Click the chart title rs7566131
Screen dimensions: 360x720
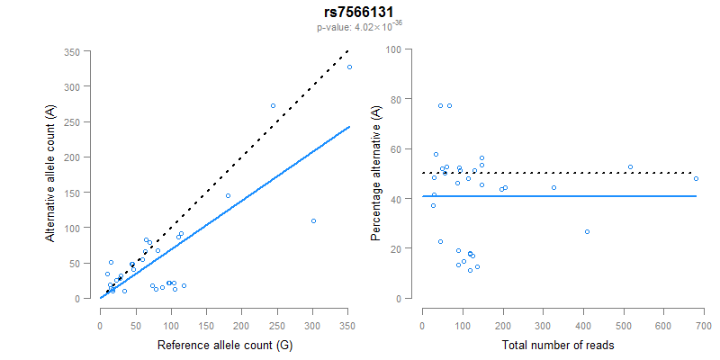pos(359,12)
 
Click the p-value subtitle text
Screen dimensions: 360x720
pos(359,27)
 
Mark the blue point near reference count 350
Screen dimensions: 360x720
pos(349,67)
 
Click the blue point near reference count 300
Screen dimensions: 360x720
pos(313,221)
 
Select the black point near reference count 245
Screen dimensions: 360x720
pos(273,105)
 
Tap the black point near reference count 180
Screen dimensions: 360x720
pos(228,195)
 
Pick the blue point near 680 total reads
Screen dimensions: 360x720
pos(696,178)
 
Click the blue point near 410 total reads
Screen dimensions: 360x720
pos(587,231)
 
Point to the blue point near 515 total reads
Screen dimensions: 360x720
pos(630,166)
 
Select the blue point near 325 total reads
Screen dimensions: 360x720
pos(553,187)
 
